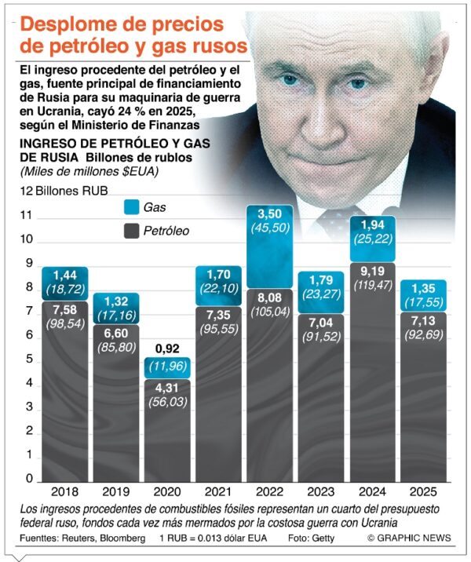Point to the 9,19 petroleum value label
372,272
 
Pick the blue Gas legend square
131,207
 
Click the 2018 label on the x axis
64,492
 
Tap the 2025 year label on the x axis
423,492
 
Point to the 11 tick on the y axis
26,215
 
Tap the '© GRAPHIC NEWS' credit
408,538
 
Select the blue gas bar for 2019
116,308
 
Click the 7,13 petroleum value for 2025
423,324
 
